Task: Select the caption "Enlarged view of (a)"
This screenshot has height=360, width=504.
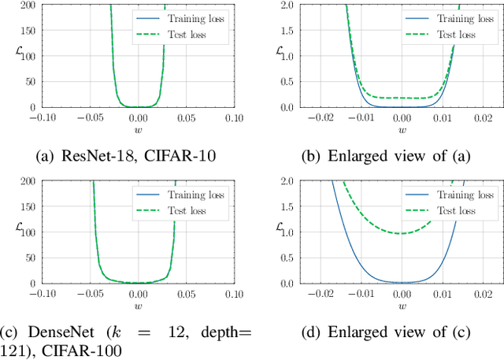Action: pyautogui.click(x=402, y=155)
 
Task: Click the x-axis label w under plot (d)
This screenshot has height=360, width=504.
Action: pyautogui.click(x=402, y=305)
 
